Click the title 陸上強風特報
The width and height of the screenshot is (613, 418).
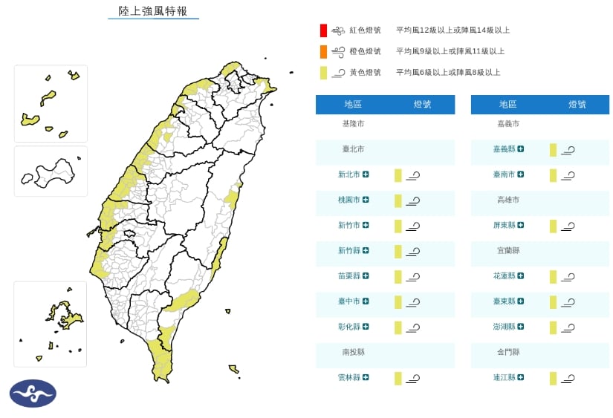pyautogui.click(x=153, y=11)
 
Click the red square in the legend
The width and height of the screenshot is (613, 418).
pyautogui.click(x=323, y=30)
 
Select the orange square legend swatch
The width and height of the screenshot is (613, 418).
pyautogui.click(x=323, y=51)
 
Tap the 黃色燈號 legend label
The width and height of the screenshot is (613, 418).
pyautogui.click(x=365, y=72)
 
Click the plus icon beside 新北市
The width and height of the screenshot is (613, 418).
pyautogui.click(x=366, y=174)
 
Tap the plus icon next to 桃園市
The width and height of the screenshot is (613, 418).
pyautogui.click(x=366, y=200)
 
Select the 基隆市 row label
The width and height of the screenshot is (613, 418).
pyautogui.click(x=353, y=123)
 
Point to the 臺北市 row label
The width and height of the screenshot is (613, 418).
pyautogui.click(x=353, y=149)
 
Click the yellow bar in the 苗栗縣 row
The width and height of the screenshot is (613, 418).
pyautogui.click(x=398, y=277)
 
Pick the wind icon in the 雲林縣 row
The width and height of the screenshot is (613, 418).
pyautogui.click(x=414, y=379)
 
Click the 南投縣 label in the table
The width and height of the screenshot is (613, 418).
pyautogui.click(x=353, y=352)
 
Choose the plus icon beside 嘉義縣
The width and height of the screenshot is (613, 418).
pyautogui.click(x=522, y=149)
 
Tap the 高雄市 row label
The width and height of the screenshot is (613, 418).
pyautogui.click(x=508, y=200)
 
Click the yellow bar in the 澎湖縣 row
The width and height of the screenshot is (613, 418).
pyautogui.click(x=553, y=327)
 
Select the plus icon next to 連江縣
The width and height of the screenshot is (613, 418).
pyautogui.click(x=522, y=377)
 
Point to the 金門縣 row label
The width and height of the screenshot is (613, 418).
pyautogui.click(x=508, y=352)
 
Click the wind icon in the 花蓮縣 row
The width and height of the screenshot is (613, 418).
pyautogui.click(x=568, y=277)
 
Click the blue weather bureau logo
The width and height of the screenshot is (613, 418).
pyautogui.click(x=33, y=393)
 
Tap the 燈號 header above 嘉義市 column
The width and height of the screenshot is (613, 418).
pyautogui.click(x=577, y=105)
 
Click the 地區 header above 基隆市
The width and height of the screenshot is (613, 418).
pyautogui.click(x=353, y=105)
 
